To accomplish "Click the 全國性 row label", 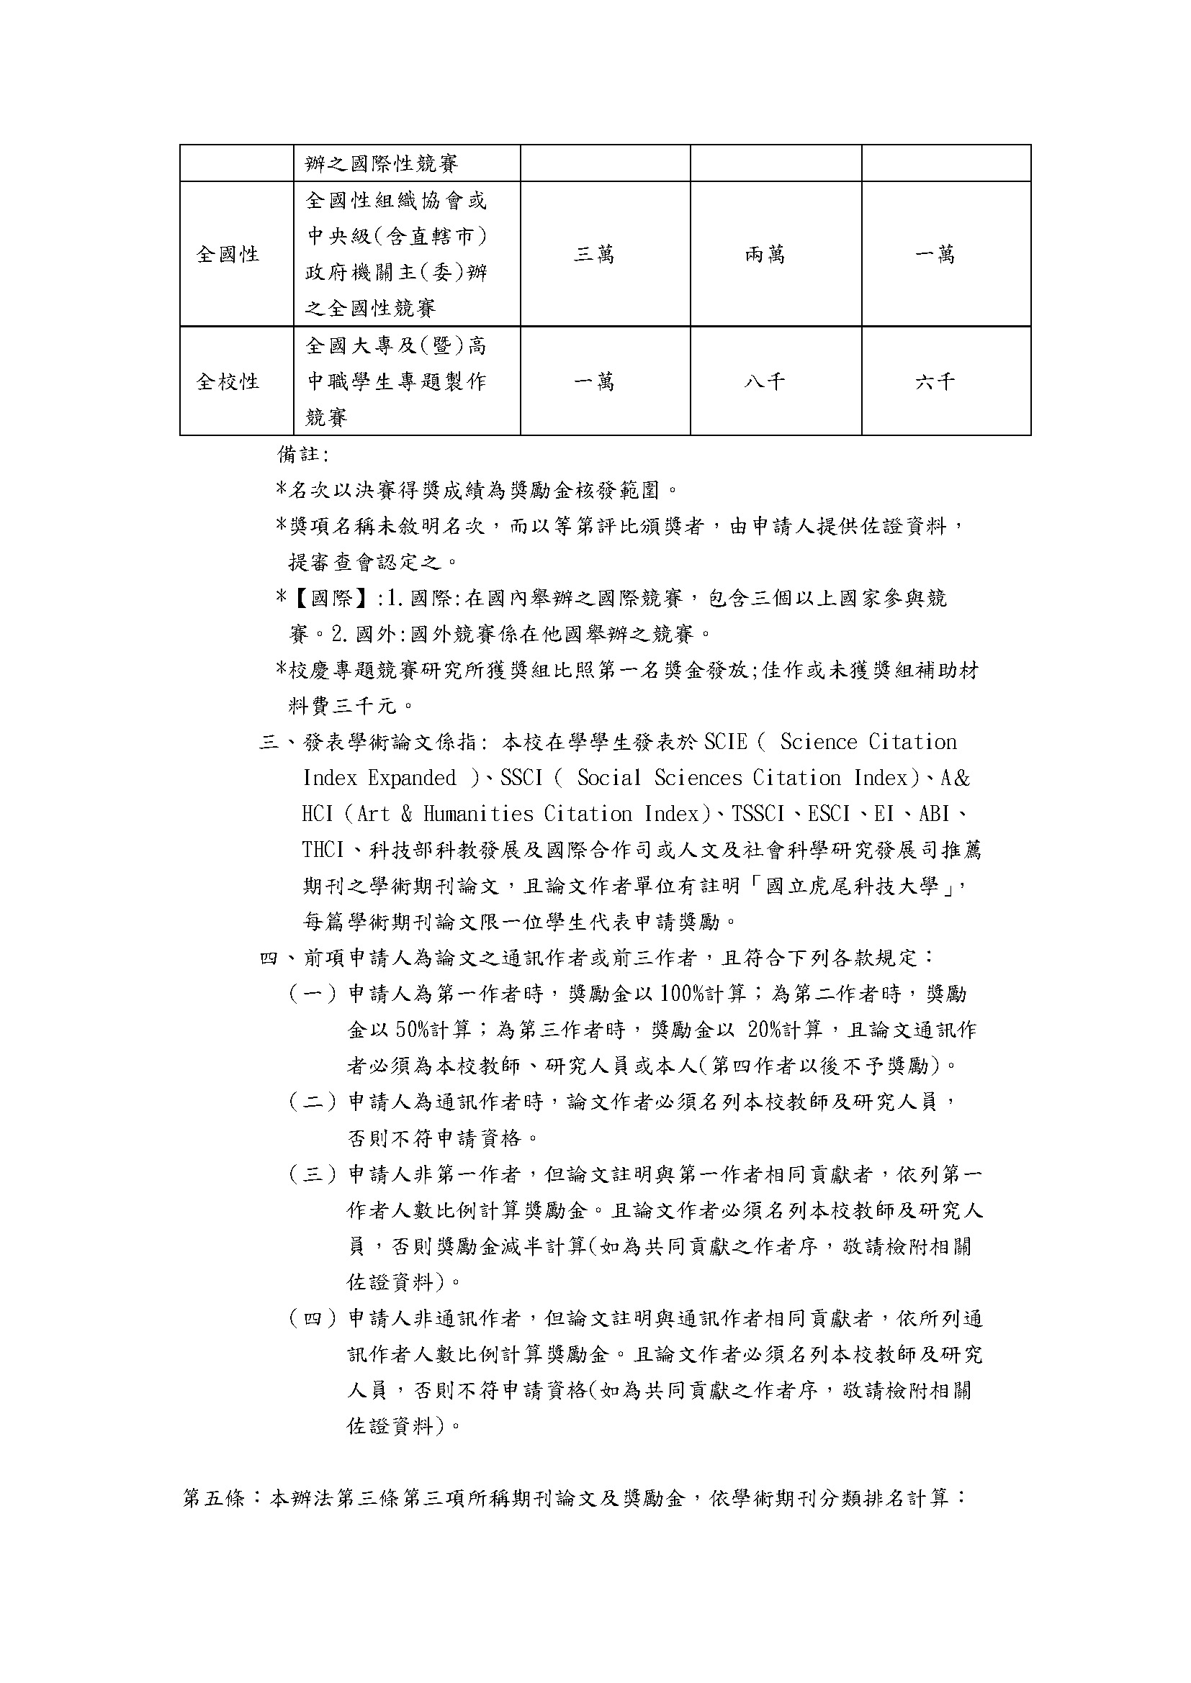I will click(228, 254).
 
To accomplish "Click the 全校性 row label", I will click(228, 382).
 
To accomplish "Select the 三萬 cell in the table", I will click(594, 254).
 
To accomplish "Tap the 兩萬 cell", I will click(765, 254).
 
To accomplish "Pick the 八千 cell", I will click(765, 382).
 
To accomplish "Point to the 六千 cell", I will click(935, 382).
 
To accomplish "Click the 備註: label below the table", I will click(303, 455).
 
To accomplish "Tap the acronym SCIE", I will click(726, 743).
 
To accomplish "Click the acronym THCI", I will click(323, 850).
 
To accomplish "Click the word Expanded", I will click(412, 779).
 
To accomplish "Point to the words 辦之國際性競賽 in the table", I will click(382, 163).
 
